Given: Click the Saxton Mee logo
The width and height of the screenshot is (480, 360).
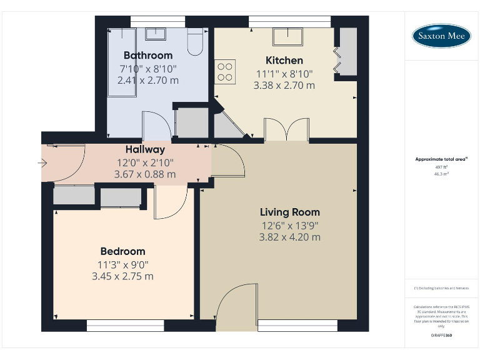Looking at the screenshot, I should (x=441, y=36).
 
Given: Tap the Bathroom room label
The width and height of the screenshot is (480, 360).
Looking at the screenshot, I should (x=147, y=55).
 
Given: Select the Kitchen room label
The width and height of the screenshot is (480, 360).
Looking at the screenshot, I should (x=284, y=60).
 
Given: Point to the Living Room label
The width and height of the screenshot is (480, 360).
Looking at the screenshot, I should (x=290, y=212).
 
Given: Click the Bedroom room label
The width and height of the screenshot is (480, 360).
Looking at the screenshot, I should (x=122, y=251).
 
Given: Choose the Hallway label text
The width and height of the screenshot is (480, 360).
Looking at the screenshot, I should (x=145, y=149).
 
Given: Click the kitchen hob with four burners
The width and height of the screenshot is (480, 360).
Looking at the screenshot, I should (x=226, y=71).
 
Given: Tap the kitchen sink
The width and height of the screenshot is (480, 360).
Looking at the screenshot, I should (x=287, y=37).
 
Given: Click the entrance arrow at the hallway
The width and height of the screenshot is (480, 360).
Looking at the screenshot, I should (x=42, y=164).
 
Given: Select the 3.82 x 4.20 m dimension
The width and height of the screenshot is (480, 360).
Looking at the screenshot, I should (x=290, y=237).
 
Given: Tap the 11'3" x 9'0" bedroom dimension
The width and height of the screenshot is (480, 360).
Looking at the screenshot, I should (x=122, y=264).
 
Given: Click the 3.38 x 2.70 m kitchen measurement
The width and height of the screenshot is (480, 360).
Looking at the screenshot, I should (x=284, y=85).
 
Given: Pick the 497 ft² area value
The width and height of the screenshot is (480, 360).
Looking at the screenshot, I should (x=441, y=167).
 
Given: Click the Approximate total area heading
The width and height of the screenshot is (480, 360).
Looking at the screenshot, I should (x=440, y=159).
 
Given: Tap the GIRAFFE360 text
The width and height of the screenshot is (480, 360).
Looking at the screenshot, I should (x=441, y=336).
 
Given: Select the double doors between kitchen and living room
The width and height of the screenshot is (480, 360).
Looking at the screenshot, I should (x=287, y=130).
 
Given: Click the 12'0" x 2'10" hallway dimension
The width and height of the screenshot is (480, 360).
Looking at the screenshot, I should (x=145, y=162).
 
